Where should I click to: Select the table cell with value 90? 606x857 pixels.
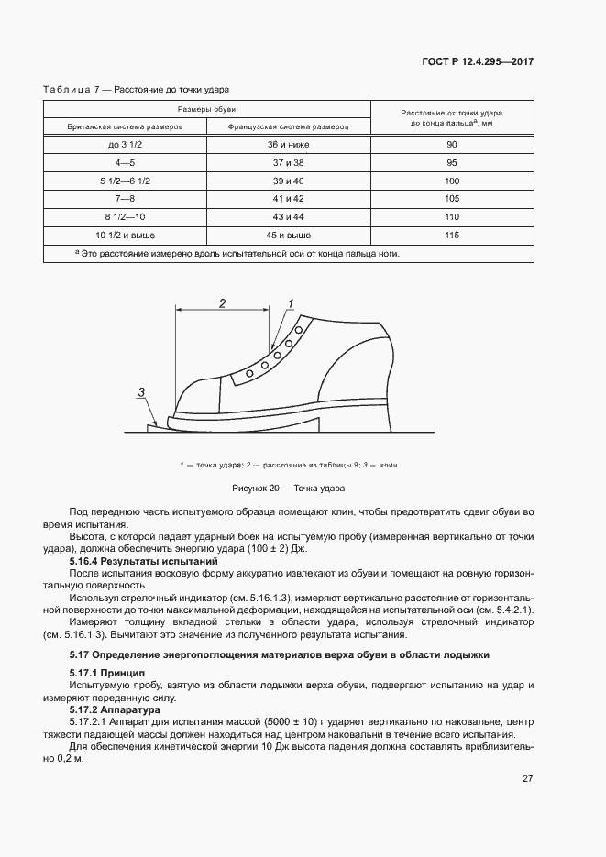tap(451, 145)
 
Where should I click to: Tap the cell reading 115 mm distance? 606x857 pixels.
tap(451, 236)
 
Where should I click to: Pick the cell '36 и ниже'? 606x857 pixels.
tap(285, 145)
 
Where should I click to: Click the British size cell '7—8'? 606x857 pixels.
tap(122, 199)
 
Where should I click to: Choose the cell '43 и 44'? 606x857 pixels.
tap(285, 217)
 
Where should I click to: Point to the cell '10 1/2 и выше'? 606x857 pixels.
tap(122, 236)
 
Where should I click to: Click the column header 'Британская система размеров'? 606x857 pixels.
tap(122, 127)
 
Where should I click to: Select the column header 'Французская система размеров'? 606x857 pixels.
tap(285, 127)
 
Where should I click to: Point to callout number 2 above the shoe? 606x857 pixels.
tap(221, 302)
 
